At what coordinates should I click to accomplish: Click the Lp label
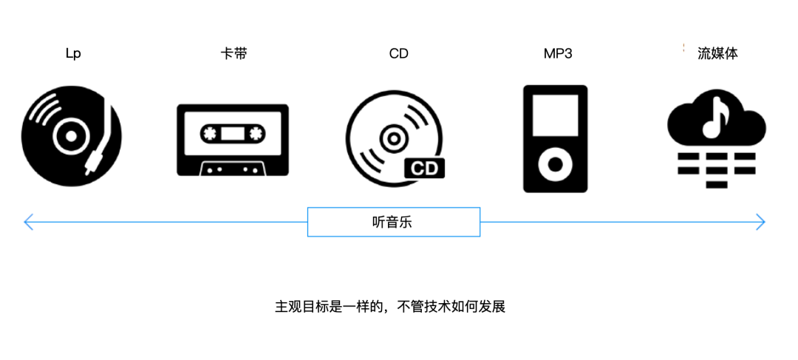click(x=72, y=54)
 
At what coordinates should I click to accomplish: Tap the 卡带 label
click(x=233, y=54)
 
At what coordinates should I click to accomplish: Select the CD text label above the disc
click(x=398, y=54)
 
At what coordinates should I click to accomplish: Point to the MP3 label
click(x=558, y=54)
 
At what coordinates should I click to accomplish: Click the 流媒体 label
click(x=717, y=54)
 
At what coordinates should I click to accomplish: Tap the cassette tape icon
click(x=233, y=140)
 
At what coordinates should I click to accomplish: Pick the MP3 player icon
click(x=556, y=139)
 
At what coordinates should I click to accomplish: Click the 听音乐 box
click(x=393, y=222)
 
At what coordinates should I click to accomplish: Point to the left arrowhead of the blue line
click(x=27, y=222)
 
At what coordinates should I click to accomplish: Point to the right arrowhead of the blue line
click(x=761, y=222)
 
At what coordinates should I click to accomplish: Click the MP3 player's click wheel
click(x=556, y=163)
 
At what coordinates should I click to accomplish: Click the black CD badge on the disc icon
click(x=426, y=168)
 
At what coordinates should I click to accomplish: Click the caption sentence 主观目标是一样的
click(x=389, y=306)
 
